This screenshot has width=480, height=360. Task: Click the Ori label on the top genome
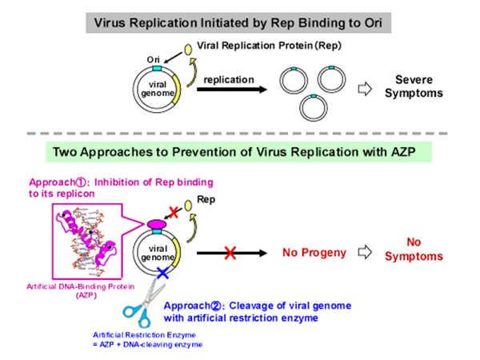[x=153, y=59]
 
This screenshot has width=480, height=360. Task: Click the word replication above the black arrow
[x=229, y=79]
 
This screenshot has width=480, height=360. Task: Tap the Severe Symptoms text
[x=414, y=86]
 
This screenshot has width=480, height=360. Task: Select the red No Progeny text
[x=314, y=253]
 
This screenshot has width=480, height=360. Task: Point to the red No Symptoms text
[x=414, y=249]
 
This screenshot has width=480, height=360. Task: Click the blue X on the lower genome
[x=162, y=273]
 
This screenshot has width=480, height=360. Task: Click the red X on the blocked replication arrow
[x=230, y=253]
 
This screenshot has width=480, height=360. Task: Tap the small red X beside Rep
[x=174, y=212]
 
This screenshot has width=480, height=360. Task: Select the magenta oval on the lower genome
[x=157, y=224]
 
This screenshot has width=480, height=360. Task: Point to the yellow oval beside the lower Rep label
[x=188, y=205]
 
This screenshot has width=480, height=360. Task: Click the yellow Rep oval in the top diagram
[x=188, y=50]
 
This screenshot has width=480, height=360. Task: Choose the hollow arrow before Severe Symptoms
[x=365, y=89]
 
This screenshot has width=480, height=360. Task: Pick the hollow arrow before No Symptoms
[x=365, y=252]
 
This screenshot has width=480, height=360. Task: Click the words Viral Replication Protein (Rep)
[x=269, y=46]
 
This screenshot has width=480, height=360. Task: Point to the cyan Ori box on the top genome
[x=157, y=68]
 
